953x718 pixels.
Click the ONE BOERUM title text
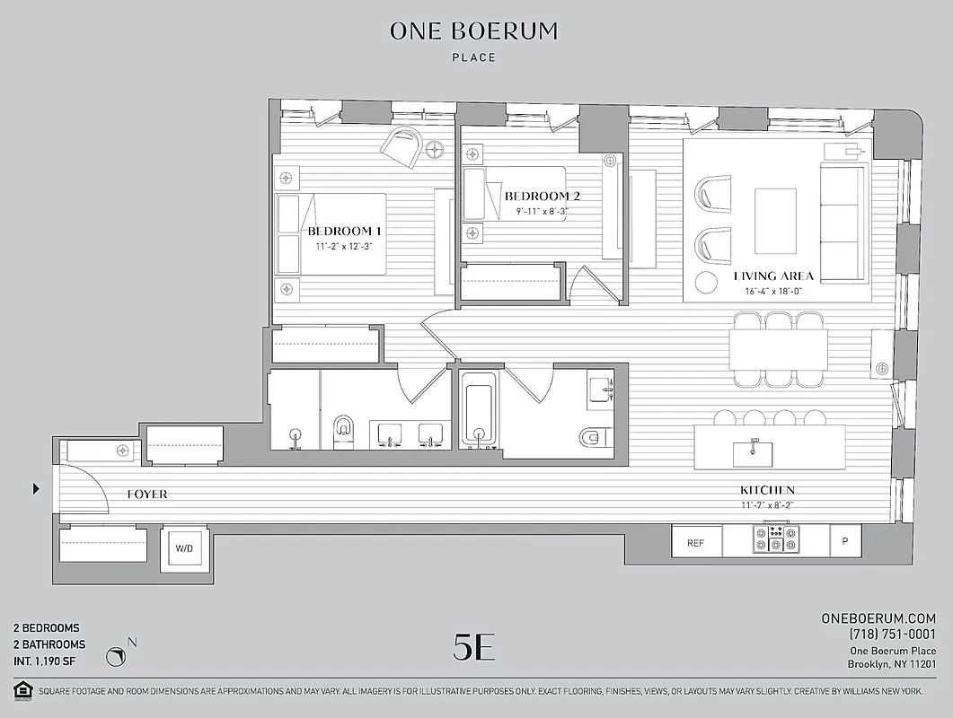[x=473, y=31]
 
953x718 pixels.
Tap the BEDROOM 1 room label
[x=344, y=231]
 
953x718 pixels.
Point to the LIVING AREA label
[x=773, y=276]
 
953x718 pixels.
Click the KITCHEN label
[x=766, y=490]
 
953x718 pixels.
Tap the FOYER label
[x=146, y=495]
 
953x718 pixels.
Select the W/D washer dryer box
[x=182, y=548]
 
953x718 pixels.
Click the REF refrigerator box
[x=695, y=543]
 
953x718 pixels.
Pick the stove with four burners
[x=776, y=538]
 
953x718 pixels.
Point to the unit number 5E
[x=473, y=648]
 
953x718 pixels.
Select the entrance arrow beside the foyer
[x=36, y=489]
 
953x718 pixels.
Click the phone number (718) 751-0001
[x=892, y=635]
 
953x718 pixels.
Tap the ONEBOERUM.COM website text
[x=878, y=618]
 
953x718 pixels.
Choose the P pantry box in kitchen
[x=844, y=543]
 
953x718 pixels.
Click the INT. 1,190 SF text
[x=48, y=661]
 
